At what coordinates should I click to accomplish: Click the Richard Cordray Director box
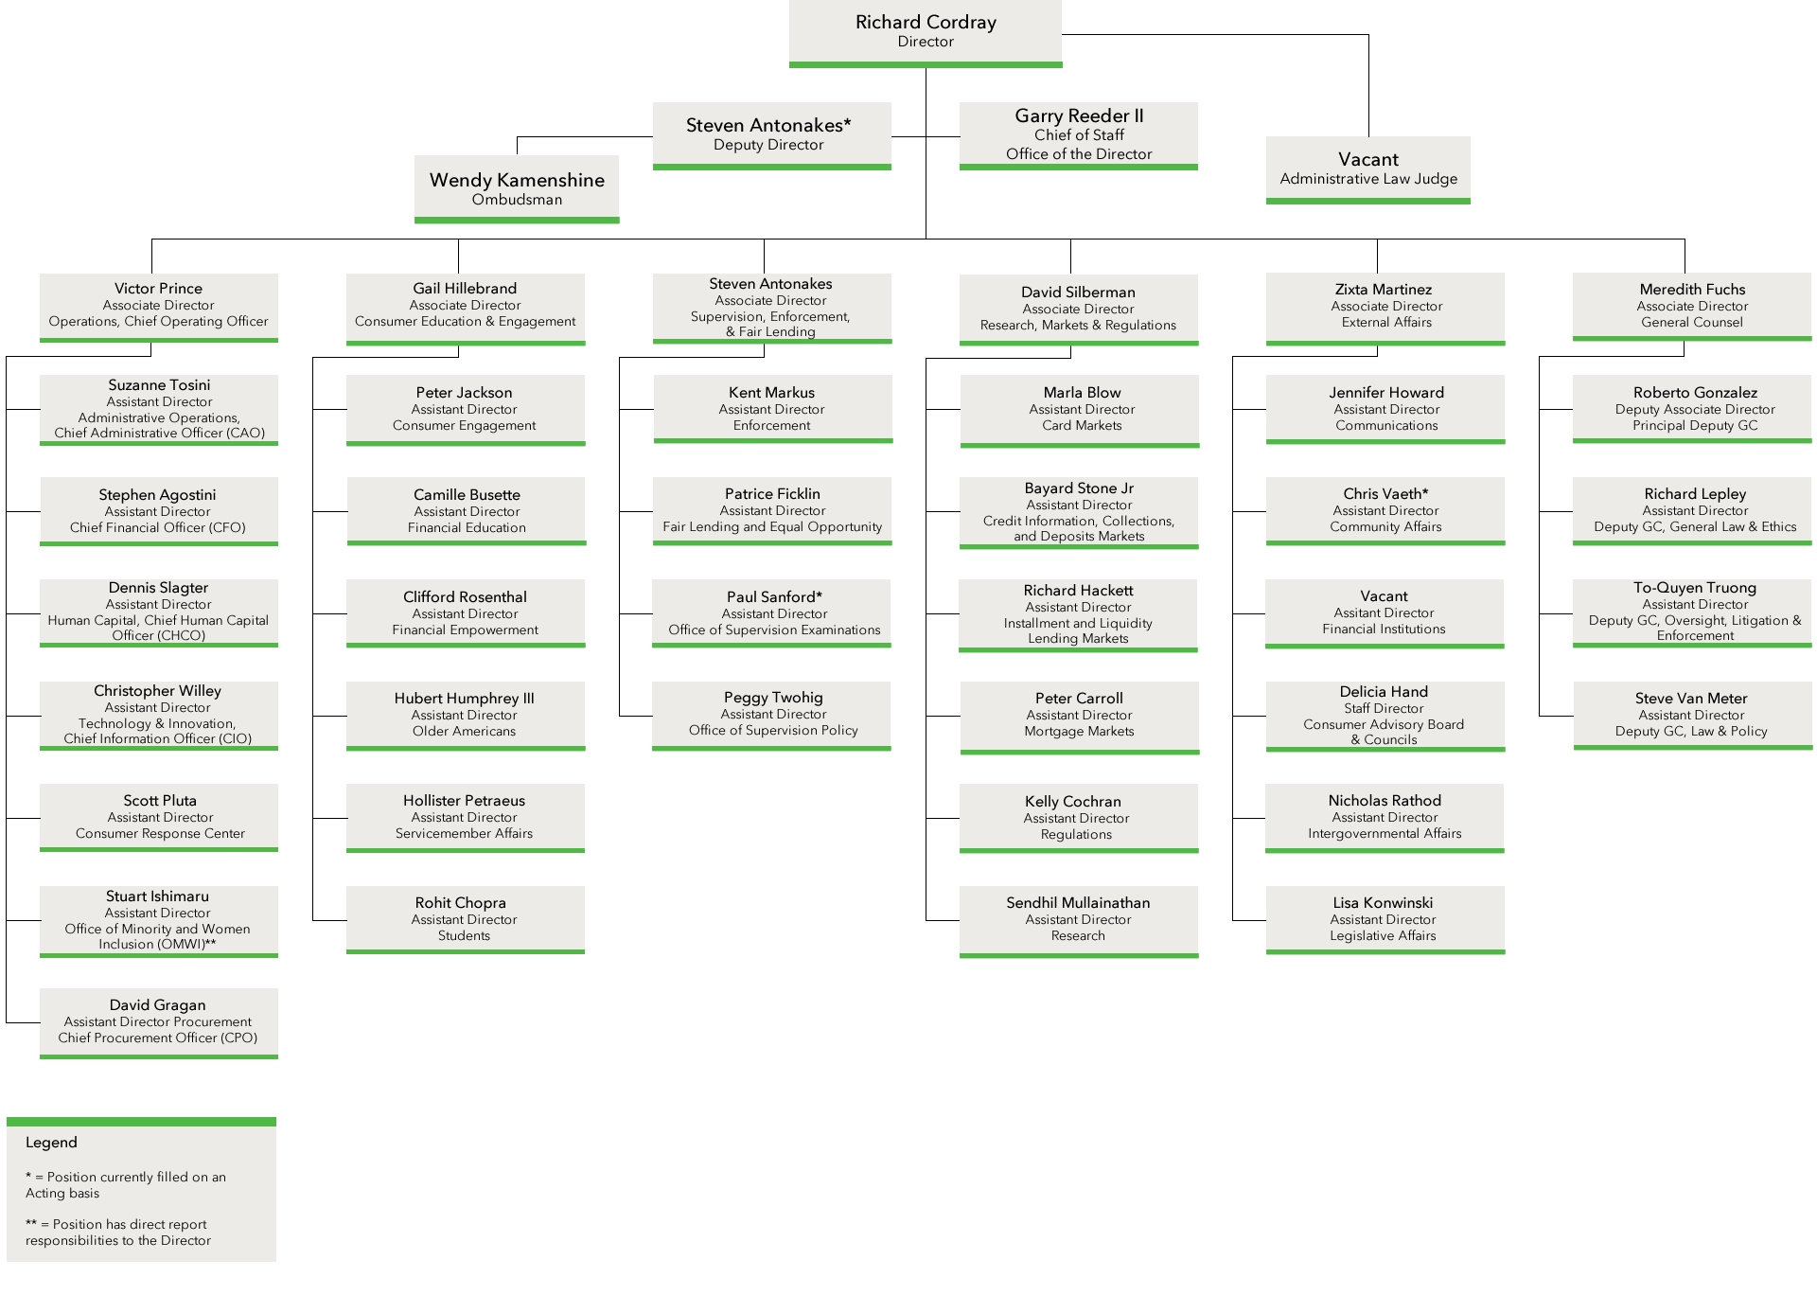(926, 31)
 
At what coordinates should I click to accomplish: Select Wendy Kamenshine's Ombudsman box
(517, 187)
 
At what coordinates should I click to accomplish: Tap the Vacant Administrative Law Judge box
(1367, 168)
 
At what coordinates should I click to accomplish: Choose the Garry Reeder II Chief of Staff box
(1078, 134)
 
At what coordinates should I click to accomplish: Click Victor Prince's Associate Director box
(159, 305)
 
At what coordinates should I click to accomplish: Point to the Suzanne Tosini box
(159, 408)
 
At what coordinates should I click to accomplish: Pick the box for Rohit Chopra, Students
(465, 918)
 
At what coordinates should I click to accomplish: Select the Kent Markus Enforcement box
(772, 408)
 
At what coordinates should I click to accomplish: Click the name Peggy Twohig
(773, 698)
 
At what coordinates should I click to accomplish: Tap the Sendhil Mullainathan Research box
(1078, 919)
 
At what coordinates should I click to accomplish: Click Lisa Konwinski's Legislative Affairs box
(1385, 918)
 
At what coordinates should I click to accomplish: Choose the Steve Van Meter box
(1692, 714)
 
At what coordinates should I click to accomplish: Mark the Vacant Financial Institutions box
(1385, 612)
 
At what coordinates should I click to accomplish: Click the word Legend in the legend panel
(51, 1143)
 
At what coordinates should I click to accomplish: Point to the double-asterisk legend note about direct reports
(118, 1233)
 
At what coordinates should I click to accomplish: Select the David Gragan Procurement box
(159, 1020)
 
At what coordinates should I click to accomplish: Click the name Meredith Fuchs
(1692, 290)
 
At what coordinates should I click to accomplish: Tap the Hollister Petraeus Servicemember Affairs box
(465, 816)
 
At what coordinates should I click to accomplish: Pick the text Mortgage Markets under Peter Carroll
(1079, 732)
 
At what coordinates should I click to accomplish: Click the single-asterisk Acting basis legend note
(125, 1185)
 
